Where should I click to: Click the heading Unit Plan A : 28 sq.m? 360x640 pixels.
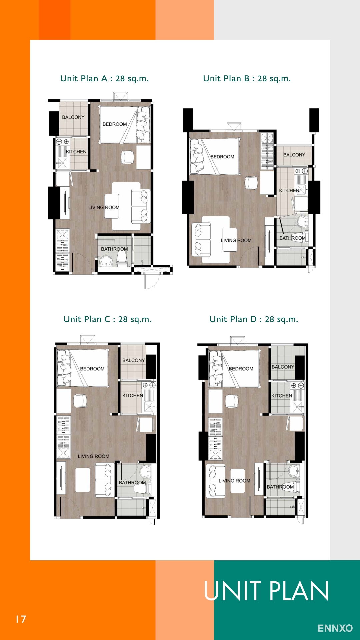click(104, 79)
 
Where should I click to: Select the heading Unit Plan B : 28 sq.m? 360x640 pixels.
click(247, 79)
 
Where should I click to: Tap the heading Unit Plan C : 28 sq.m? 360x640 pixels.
click(107, 319)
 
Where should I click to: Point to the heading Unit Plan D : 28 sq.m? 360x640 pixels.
click(254, 319)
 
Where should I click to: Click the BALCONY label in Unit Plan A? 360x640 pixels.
click(73, 117)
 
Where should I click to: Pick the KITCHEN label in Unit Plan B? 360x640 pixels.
click(289, 191)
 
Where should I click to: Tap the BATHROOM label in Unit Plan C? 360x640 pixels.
click(132, 483)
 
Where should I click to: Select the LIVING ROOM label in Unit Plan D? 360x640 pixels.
click(234, 481)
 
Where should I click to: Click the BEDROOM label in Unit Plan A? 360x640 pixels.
click(115, 124)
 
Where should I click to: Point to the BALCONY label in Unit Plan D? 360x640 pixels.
click(283, 367)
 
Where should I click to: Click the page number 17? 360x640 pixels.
click(21, 619)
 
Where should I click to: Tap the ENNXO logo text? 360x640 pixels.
click(335, 628)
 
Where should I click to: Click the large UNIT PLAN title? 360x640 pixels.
click(266, 591)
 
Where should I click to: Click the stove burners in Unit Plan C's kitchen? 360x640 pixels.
click(149, 385)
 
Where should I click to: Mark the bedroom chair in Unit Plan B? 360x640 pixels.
click(251, 183)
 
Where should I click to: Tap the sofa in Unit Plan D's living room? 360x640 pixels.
click(215, 481)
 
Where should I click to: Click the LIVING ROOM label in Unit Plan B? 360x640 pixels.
click(236, 240)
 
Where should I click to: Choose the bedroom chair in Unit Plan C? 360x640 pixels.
click(80, 401)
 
